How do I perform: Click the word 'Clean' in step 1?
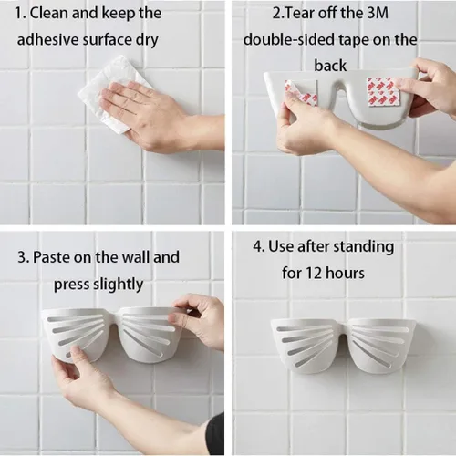coord(49,14)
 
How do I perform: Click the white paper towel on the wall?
coord(112,94)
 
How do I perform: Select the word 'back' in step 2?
coord(330,66)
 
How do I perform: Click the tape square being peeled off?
coord(301,93)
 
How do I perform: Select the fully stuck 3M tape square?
coord(382,92)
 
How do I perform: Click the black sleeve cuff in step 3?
coord(215,434)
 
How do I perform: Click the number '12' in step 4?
coord(314,273)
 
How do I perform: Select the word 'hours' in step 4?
coord(345,273)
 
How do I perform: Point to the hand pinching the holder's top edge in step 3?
coord(198,319)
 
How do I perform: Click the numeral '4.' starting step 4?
coord(259,247)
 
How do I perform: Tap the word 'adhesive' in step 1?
coord(47,40)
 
